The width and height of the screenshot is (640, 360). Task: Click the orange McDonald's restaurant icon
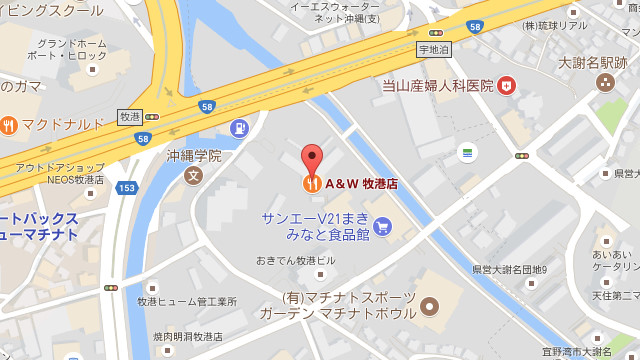coord(9,125)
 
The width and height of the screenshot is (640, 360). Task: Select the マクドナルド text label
coord(63,125)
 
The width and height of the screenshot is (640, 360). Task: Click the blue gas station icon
coord(239,129)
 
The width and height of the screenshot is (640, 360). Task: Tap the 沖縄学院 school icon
coord(193,176)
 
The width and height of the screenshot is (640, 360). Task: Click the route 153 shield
coord(126,188)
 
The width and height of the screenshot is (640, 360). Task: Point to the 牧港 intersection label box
coord(130,115)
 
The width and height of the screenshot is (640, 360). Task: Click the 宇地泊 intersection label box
coord(435,47)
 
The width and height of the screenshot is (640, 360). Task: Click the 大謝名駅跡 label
coord(591,63)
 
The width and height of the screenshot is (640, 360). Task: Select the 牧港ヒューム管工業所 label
coord(186,301)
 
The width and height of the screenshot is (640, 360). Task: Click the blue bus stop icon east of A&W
coord(466,152)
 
